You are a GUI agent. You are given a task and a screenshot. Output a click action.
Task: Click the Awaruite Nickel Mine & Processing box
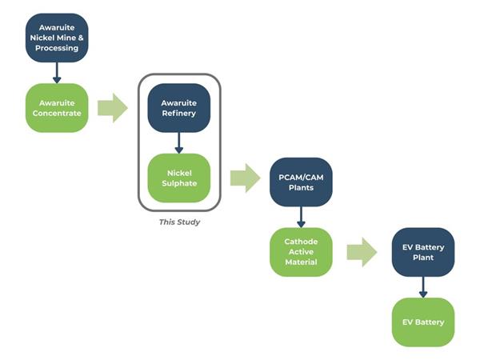point(57,38)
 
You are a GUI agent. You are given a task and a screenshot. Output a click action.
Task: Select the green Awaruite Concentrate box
point(57,108)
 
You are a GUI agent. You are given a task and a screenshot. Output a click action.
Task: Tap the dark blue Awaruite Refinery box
point(179,108)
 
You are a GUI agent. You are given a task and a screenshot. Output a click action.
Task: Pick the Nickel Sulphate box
point(179,178)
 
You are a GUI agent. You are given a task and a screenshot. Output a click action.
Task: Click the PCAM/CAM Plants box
point(301,182)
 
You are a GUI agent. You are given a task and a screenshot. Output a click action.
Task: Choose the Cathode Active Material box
point(301,252)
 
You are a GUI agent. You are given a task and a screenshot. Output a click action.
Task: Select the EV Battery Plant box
point(423,252)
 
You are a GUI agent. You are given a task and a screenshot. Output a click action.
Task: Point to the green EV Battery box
point(423,322)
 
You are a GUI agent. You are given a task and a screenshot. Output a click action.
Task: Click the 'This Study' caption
point(179,222)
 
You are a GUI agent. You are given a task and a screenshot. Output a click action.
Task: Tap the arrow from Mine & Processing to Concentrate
point(57,73)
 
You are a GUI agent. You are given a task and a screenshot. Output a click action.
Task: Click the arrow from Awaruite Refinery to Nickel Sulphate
point(179,143)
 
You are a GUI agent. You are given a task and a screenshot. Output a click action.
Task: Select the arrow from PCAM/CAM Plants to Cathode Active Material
point(301,217)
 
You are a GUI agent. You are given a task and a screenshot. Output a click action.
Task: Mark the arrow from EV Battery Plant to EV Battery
point(423,287)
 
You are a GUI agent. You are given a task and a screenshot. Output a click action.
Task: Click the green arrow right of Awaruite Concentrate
point(113,108)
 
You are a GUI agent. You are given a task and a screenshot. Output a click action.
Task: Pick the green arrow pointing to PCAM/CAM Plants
point(246,178)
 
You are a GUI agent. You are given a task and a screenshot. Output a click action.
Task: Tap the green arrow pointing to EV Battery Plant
point(362,252)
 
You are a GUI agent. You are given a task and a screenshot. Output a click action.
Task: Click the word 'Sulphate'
point(179,183)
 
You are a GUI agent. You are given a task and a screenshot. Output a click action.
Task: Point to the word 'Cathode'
point(301,242)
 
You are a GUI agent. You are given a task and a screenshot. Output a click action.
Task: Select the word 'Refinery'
point(179,114)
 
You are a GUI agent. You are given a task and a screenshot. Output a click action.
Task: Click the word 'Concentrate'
point(57,114)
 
